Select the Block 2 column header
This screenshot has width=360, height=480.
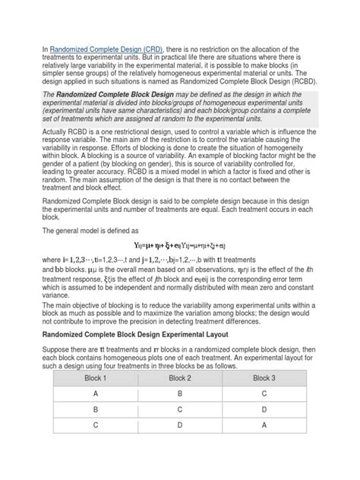pos(180,399)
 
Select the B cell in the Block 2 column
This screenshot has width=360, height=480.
pos(180,416)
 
